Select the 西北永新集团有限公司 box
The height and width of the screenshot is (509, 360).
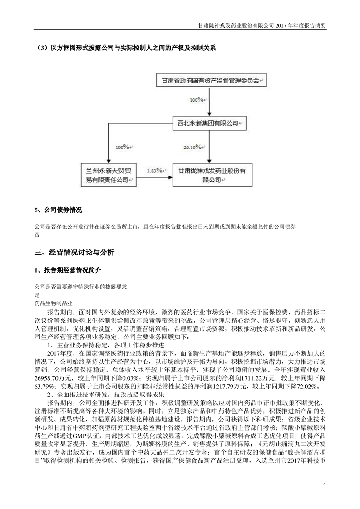click(x=209, y=122)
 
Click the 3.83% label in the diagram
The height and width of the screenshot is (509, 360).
click(x=155, y=171)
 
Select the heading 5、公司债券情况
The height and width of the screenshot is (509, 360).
click(x=58, y=211)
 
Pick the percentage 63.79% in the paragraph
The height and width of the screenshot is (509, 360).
click(x=44, y=387)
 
